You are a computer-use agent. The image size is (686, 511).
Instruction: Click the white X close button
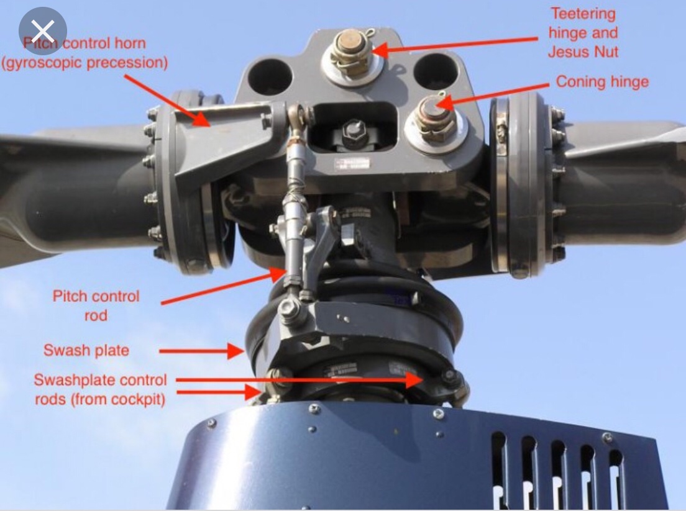pos(42,30)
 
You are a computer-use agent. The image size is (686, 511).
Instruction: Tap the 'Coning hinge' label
pos(602,82)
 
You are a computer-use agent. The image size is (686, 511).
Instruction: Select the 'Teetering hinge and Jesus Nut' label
pos(583,33)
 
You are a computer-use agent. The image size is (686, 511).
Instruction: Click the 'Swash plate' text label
pos(86,350)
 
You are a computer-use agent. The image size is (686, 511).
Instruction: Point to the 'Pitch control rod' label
pos(96,305)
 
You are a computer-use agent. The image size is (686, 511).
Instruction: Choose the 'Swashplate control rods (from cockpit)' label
pos(100,389)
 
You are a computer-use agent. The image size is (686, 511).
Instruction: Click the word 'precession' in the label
pos(127,63)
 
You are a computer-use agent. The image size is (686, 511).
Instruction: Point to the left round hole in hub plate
pos(270,77)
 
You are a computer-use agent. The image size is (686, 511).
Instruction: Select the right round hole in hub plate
pos(436,71)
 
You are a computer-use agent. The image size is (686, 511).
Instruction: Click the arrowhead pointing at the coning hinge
pos(443,104)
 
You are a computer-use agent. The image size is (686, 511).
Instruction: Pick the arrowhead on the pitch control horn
pos(201,118)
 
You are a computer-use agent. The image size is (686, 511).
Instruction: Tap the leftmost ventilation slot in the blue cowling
pos(500,466)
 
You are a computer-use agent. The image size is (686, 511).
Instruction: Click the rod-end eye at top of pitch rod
pos(296,114)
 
